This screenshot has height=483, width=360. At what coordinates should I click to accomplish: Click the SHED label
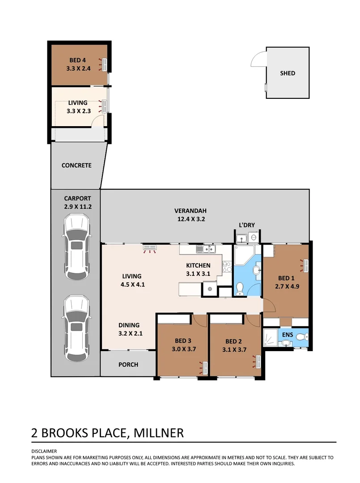point(288,73)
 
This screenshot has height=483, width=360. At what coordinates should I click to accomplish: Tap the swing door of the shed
point(257,59)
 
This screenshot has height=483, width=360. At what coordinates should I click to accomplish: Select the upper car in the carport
point(77,247)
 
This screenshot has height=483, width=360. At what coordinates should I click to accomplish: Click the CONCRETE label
point(76,165)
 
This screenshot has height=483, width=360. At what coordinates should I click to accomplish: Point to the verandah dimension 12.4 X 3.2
point(191,219)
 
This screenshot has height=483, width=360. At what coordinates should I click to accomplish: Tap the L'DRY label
point(246,225)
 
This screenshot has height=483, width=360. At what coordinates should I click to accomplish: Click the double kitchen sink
point(207,249)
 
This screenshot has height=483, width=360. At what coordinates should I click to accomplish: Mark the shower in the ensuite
point(271,338)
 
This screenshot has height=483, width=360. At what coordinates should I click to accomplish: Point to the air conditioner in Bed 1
point(306,265)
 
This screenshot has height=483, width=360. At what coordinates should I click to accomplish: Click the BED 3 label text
point(183,341)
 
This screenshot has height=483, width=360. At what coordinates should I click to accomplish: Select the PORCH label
point(128,364)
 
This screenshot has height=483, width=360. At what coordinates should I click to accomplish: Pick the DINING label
point(129,325)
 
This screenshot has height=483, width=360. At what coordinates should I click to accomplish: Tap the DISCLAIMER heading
point(44,451)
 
